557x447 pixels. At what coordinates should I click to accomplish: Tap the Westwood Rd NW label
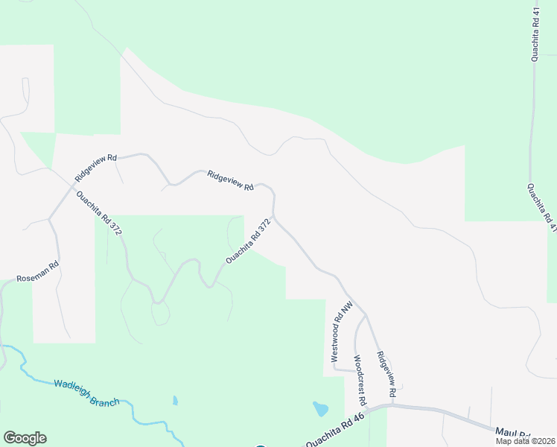pyautogui.click(x=337, y=332)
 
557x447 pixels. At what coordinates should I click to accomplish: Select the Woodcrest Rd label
pyautogui.click(x=359, y=380)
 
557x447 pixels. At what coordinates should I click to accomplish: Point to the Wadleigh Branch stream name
pyautogui.click(x=86, y=393)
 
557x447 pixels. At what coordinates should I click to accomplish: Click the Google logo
pyautogui.click(x=25, y=438)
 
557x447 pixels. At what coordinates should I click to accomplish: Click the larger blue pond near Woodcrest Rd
pyautogui.click(x=320, y=408)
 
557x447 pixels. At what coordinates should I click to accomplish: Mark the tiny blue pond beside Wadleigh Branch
pyautogui.click(x=175, y=400)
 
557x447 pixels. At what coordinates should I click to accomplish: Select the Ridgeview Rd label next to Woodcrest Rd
pyautogui.click(x=385, y=373)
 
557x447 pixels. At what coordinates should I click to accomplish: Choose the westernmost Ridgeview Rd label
pyautogui.click(x=96, y=168)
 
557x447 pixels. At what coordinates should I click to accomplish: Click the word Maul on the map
pyautogui.click(x=506, y=431)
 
